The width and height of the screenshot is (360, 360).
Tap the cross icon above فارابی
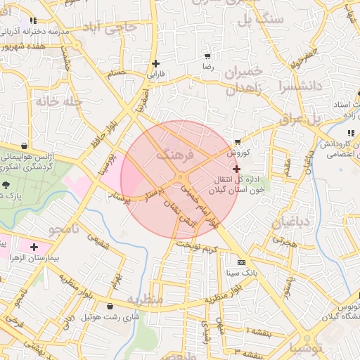point(155,63)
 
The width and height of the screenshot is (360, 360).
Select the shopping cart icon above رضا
point(207,56)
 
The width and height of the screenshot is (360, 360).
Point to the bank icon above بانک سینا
point(241,262)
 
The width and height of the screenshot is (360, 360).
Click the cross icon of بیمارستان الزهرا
point(34,247)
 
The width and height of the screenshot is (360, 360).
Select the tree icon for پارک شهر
point(6,186)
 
